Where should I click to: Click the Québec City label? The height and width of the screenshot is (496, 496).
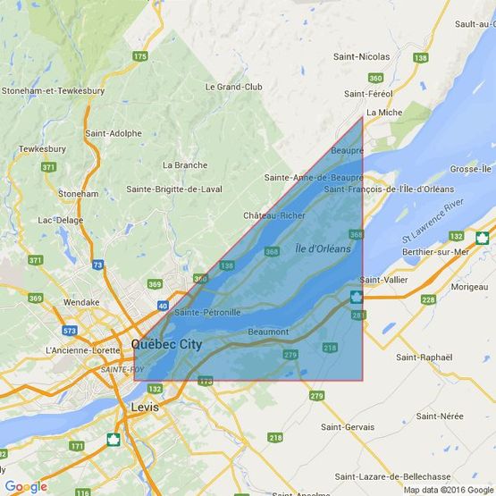coord(166,344)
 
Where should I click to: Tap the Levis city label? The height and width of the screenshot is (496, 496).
coord(144,407)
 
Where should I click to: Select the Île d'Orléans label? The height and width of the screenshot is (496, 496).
coord(323,248)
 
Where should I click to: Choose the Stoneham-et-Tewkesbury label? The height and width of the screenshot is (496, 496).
coord(54,91)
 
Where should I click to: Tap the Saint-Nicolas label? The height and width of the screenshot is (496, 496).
coord(361,57)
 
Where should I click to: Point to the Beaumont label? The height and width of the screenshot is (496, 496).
coord(268,332)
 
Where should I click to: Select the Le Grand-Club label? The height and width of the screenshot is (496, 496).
coord(233,88)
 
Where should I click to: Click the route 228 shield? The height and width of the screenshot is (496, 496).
coord(428,300)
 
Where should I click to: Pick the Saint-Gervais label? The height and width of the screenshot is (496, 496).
coord(348,428)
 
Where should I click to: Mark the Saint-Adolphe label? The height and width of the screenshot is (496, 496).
coord(113,133)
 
